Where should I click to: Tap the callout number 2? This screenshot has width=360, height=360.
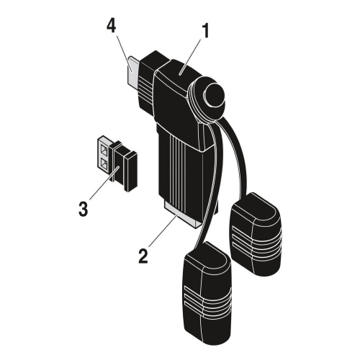143,256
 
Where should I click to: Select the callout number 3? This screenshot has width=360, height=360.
83,209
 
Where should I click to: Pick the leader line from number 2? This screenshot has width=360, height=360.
163,230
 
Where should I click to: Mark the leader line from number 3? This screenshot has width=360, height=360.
103,183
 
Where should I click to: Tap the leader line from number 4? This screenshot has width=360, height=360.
124,53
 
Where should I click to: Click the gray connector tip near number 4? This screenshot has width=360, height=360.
134,71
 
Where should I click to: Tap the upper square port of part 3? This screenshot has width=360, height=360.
104,150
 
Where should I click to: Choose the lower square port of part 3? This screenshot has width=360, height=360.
104,163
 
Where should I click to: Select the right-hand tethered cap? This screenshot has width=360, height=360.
256,234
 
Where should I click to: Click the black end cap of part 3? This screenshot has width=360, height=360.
131,171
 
